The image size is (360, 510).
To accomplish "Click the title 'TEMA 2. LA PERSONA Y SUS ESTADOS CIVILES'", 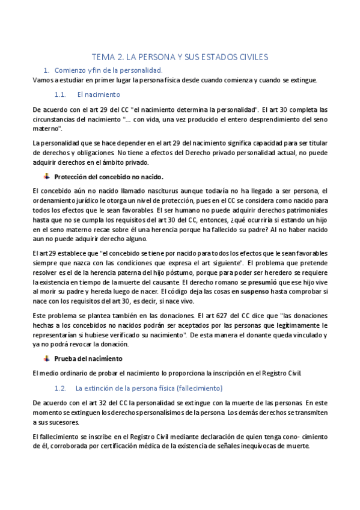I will point(179,57).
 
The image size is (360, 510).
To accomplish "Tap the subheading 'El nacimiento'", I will point(99,94).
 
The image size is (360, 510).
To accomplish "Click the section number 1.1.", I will point(59,94).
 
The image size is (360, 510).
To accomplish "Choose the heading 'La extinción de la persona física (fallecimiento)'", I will point(149,388).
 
